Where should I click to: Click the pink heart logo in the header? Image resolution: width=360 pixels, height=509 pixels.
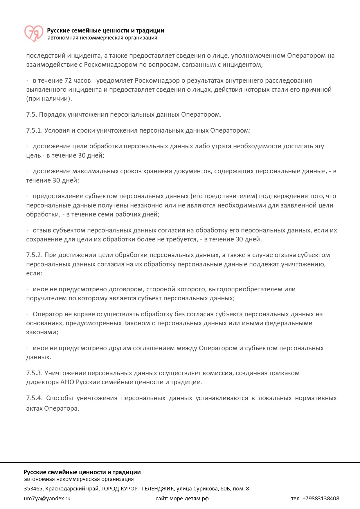coord(34,33)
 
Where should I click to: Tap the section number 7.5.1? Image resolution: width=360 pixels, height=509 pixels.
coord(34,131)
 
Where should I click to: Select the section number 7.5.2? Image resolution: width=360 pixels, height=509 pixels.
coord(34,255)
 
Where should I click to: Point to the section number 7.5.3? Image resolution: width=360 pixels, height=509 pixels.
coord(34,373)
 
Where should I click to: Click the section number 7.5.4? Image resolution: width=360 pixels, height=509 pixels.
coord(34,398)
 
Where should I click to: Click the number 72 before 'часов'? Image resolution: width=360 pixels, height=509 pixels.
coord(68,81)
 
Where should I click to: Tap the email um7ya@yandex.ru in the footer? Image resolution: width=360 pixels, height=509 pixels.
coord(47,499)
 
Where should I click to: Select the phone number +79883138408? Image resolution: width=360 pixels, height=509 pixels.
coord(321,499)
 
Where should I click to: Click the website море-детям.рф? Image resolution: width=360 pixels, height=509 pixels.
coord(189,499)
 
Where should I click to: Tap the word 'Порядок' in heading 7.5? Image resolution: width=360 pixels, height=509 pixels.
coord(52,115)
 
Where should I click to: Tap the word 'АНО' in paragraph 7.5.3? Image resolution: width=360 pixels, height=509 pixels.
coord(67,382)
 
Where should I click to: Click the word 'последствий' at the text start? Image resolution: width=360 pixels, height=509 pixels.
coord(46,56)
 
